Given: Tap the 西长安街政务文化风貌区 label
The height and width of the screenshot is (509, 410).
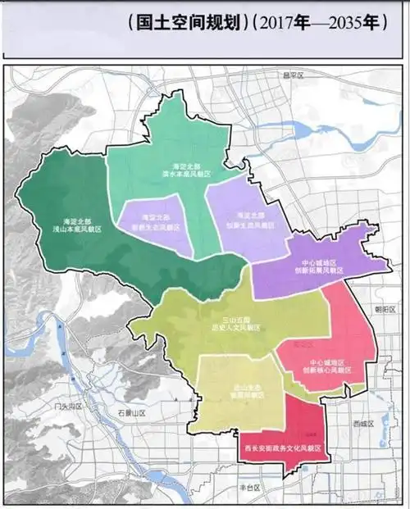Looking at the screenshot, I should tap(281, 449).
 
